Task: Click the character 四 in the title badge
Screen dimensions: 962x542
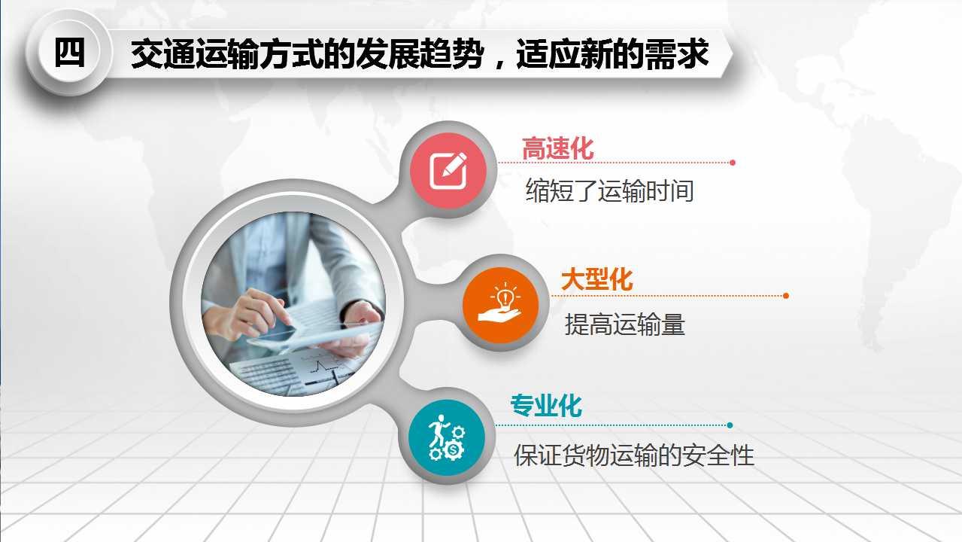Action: [69, 53]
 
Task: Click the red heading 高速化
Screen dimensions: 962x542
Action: [558, 149]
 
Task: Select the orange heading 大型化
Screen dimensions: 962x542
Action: [597, 279]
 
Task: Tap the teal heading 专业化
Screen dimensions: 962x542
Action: [546, 405]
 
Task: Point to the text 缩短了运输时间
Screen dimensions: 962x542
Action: [610, 191]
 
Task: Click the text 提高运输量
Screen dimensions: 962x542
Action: [625, 324]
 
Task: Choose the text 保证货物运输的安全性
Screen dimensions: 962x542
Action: [634, 455]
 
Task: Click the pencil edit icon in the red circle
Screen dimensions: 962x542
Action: [448, 171]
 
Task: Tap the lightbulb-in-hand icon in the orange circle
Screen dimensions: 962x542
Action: [500, 303]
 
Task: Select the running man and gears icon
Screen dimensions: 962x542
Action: [447, 437]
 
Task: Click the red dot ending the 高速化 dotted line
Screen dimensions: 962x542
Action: [733, 163]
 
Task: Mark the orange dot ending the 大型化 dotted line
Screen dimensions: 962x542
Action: [786, 296]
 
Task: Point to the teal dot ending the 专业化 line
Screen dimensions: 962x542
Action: [730, 425]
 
